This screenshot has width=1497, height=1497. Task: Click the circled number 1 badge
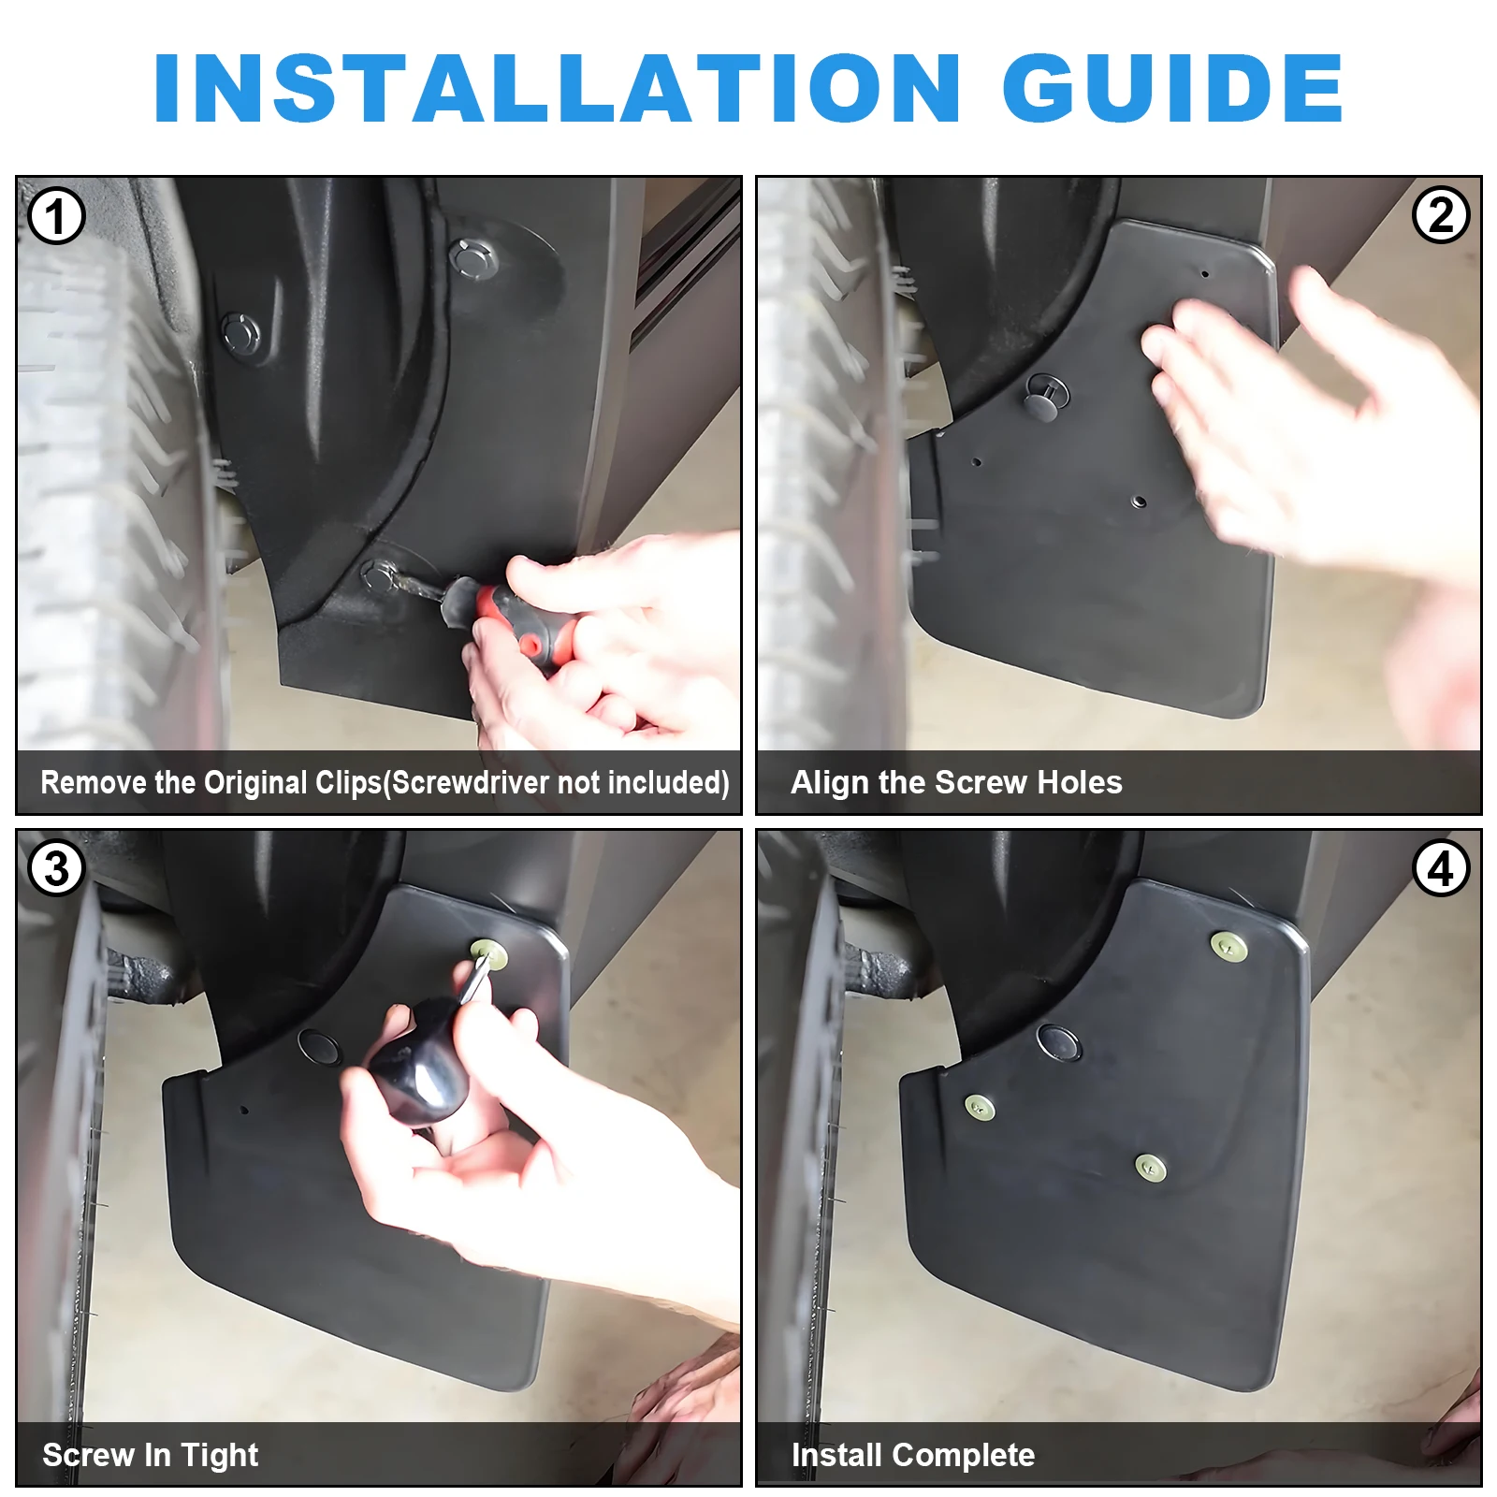[x=56, y=216]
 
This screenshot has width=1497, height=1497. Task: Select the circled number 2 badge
[x=1441, y=215]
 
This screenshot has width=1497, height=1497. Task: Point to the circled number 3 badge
[x=56, y=868]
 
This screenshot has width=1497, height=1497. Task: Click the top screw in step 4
[x=1229, y=946]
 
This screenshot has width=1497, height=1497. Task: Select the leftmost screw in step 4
[x=980, y=1108]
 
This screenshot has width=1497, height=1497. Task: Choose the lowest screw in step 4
[x=1150, y=1167]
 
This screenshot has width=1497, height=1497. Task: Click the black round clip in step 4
[x=1059, y=1041]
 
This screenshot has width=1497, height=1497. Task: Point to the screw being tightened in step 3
[x=489, y=956]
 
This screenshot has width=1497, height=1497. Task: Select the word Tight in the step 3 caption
[x=220, y=1455]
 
